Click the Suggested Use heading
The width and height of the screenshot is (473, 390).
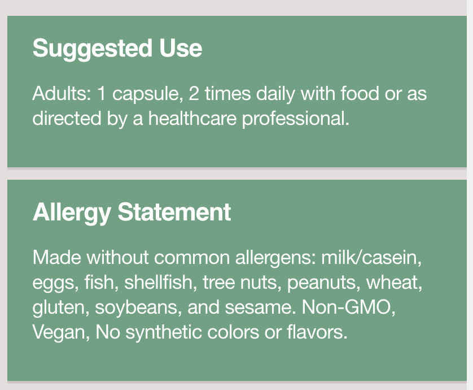pyautogui.click(x=117, y=49)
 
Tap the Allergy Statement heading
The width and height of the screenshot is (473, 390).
pyautogui.click(x=132, y=213)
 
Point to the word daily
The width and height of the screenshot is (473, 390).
pyautogui.click(x=275, y=94)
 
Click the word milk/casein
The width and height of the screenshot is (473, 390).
pyautogui.click(x=371, y=258)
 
